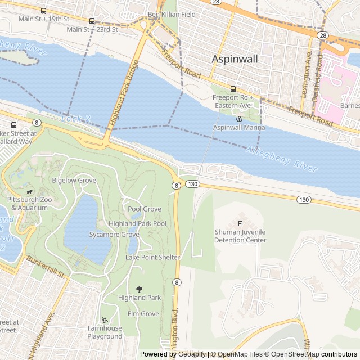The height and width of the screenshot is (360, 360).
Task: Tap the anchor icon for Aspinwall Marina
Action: click(238, 119)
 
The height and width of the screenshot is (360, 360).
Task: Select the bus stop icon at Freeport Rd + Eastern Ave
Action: click(233, 89)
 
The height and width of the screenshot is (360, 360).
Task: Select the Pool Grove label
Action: click(144, 209)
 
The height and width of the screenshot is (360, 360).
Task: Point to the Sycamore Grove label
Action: click(114, 235)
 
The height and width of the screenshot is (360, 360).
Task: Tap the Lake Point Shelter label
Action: click(152, 258)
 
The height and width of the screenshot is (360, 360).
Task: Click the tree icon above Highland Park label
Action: click(139, 289)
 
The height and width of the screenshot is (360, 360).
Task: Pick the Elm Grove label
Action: click(143, 314)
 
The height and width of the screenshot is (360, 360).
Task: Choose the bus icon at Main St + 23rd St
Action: click(92, 21)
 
